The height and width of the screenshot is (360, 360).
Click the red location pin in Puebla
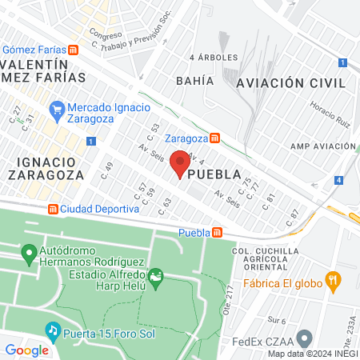(x=180, y=163)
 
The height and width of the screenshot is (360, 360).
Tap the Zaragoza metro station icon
(x=214, y=137)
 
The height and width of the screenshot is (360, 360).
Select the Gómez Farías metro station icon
(x=74, y=49)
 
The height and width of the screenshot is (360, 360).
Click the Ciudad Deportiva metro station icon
(x=53, y=209)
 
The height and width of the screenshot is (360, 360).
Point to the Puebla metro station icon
(x=217, y=233)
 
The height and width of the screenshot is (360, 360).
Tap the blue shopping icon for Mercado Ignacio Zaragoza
(x=56, y=108)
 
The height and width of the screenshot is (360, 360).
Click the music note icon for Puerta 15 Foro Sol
(x=53, y=330)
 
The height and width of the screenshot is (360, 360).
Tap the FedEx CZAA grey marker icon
(x=304, y=338)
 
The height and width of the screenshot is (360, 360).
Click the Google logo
(x=26, y=350)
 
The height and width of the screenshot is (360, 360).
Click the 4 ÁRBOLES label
(x=211, y=58)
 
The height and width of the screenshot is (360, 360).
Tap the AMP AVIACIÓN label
(x=322, y=146)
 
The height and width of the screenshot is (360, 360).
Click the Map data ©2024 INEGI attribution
(x=313, y=354)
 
